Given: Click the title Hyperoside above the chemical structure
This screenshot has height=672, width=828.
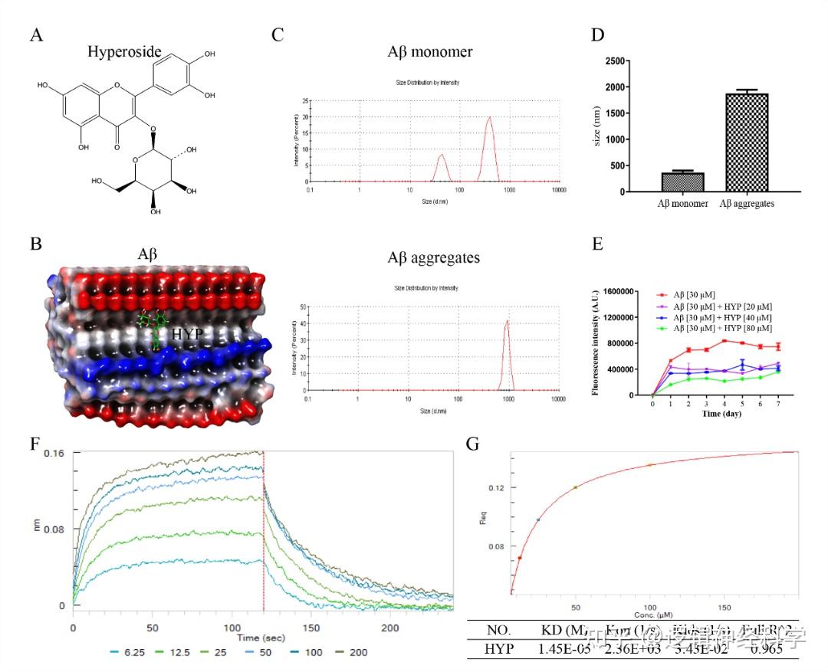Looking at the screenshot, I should [124, 52].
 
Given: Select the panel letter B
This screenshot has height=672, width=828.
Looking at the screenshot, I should [35, 243].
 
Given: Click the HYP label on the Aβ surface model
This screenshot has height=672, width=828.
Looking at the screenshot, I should [187, 334].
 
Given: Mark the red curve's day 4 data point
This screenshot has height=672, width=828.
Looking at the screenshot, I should [724, 341].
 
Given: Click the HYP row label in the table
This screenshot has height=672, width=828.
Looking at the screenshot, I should [500, 650].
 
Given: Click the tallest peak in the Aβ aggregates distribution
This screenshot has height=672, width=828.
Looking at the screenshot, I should [507, 322].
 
